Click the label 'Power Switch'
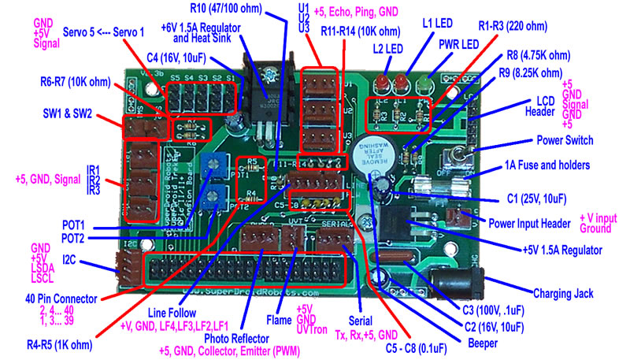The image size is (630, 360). tap(576, 141)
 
